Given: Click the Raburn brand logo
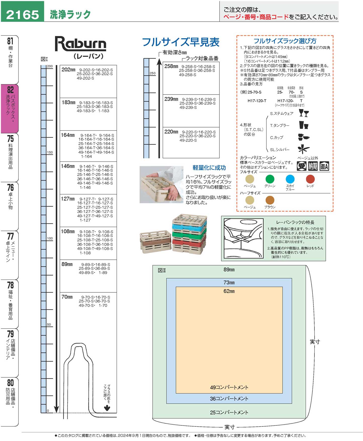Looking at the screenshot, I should click(x=80, y=44).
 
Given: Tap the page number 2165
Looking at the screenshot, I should click(x=22, y=15).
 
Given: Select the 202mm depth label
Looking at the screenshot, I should click(x=68, y=70).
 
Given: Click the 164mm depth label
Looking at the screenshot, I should click(x=68, y=135).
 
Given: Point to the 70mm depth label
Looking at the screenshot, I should click(x=67, y=297).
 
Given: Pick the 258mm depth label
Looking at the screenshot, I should click(x=171, y=66).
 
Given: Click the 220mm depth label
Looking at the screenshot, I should click(x=171, y=132).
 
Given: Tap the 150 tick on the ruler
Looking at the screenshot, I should click(x=50, y=152).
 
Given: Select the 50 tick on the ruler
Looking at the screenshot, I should click(x=49, y=324).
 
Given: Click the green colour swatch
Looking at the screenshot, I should click(x=270, y=179).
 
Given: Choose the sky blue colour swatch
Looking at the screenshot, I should click(x=290, y=179).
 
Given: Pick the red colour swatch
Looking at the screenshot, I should click(x=310, y=179).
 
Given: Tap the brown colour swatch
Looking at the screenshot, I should click(x=270, y=200).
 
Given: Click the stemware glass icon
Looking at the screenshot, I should click(x=304, y=113).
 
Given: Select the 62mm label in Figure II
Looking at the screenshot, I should click(x=229, y=291).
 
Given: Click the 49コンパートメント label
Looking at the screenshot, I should click(x=229, y=387).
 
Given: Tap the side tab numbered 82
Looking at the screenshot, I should click(x=10, y=108).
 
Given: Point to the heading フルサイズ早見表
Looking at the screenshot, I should click(x=181, y=42).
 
